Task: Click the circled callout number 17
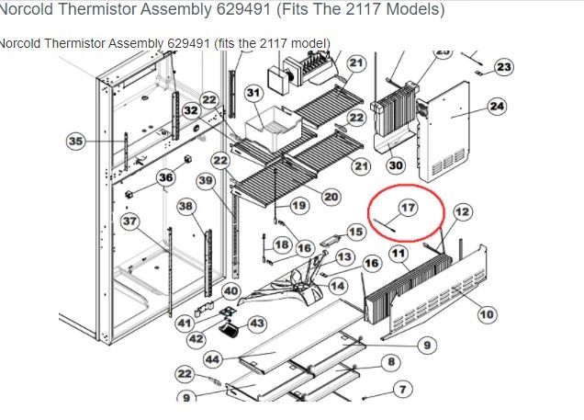(x=408, y=208)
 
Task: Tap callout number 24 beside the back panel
(x=497, y=107)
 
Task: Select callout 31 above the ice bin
(x=253, y=93)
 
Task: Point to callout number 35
(x=75, y=142)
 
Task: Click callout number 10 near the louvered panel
(x=488, y=314)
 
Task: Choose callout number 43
(x=257, y=324)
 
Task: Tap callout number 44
(x=213, y=359)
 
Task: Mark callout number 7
(x=402, y=390)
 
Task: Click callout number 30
(x=396, y=165)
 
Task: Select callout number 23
(x=504, y=67)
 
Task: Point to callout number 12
(x=463, y=212)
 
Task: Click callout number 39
(x=206, y=181)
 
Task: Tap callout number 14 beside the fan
(x=338, y=286)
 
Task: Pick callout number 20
(x=331, y=197)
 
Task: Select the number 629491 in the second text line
(x=188, y=43)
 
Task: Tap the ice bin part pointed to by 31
(x=273, y=129)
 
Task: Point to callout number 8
(x=391, y=361)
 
